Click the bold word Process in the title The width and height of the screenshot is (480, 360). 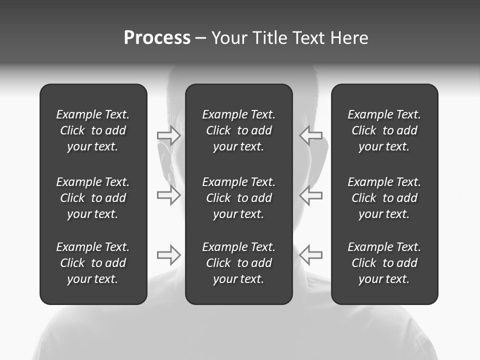(157, 38)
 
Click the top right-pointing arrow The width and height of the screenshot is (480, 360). (168, 135)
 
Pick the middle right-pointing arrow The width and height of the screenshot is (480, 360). (168, 195)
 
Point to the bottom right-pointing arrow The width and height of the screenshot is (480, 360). (168, 255)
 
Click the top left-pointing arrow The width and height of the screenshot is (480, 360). (310, 135)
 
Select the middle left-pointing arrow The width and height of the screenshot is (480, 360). (310, 195)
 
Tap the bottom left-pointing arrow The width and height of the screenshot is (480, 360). (310, 255)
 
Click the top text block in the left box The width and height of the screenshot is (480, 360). (93, 130)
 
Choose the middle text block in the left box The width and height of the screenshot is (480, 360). (93, 198)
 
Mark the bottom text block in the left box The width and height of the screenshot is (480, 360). (93, 263)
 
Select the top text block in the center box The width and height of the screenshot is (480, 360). (239, 130)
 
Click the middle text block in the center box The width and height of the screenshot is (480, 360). (239, 198)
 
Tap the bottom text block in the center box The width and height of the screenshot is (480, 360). (239, 263)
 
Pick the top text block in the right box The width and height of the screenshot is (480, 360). (384, 130)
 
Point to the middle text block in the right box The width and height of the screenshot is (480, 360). (384, 198)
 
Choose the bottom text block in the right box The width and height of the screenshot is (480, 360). (384, 263)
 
